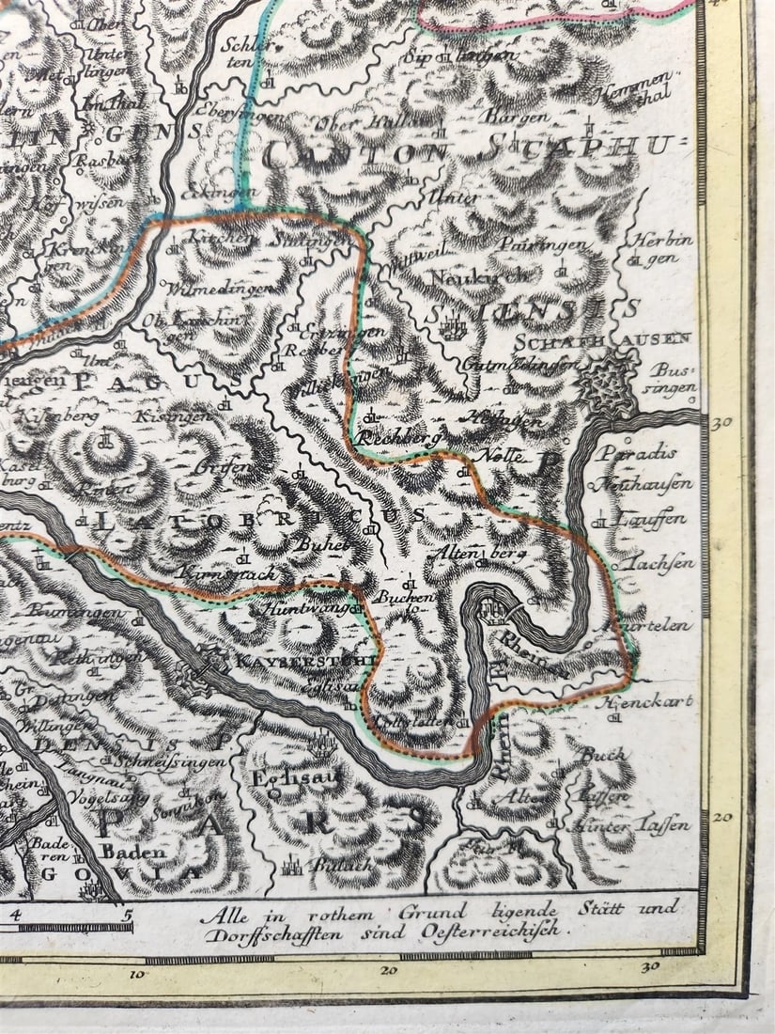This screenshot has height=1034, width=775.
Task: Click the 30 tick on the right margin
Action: [x=721, y=423]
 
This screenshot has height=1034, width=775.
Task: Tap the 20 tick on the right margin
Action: [x=721, y=817]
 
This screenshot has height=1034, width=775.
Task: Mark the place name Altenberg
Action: [x=476, y=555]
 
